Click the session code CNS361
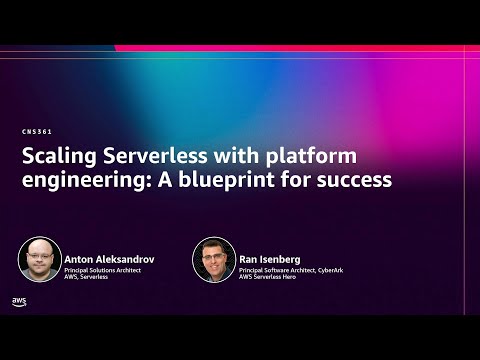[37, 132]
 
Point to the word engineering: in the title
[79, 181]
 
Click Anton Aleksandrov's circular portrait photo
[40, 259]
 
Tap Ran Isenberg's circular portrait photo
[213, 259]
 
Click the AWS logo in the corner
[19, 301]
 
